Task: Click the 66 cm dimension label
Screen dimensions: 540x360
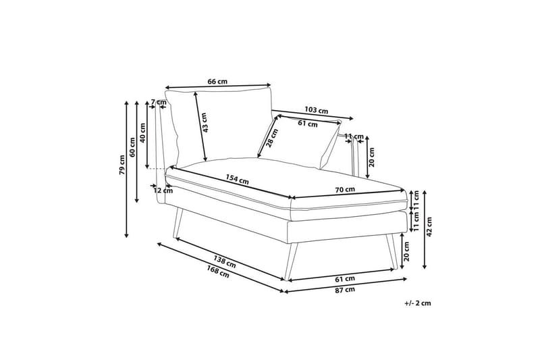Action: [x=217, y=82]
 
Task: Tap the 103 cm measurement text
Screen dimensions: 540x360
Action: [x=316, y=110]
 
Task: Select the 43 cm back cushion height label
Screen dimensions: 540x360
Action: [x=205, y=123]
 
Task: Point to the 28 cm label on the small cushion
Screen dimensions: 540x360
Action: [x=272, y=138]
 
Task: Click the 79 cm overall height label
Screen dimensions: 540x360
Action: [x=122, y=165]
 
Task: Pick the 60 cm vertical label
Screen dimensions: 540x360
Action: [x=132, y=147]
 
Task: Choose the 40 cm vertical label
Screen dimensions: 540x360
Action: [x=142, y=132]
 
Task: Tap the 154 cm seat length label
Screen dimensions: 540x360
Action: [x=238, y=179]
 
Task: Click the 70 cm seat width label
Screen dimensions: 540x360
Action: [x=345, y=189]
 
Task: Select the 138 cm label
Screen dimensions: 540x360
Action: [x=225, y=261]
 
